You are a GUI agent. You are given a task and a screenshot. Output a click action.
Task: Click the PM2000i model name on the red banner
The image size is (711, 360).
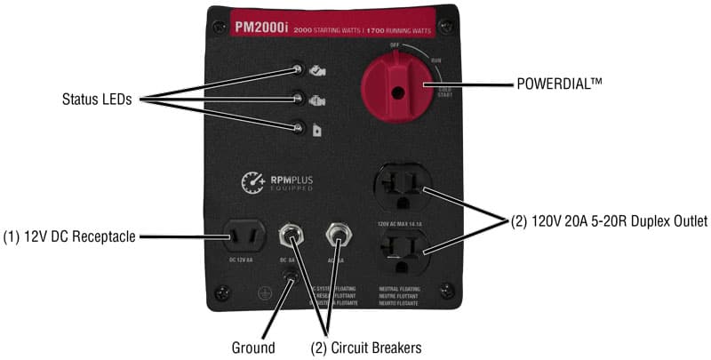[x=260, y=28]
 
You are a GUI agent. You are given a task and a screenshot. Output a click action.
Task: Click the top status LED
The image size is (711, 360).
[x=300, y=68]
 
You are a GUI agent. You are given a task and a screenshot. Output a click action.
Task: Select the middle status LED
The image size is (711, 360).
[x=300, y=99]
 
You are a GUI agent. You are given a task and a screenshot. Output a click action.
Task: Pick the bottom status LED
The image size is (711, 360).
[x=300, y=130]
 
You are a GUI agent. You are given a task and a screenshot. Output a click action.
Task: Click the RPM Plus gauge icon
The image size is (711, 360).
[x=253, y=182]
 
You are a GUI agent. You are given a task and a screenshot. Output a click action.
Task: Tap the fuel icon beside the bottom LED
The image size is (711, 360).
[x=316, y=131]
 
